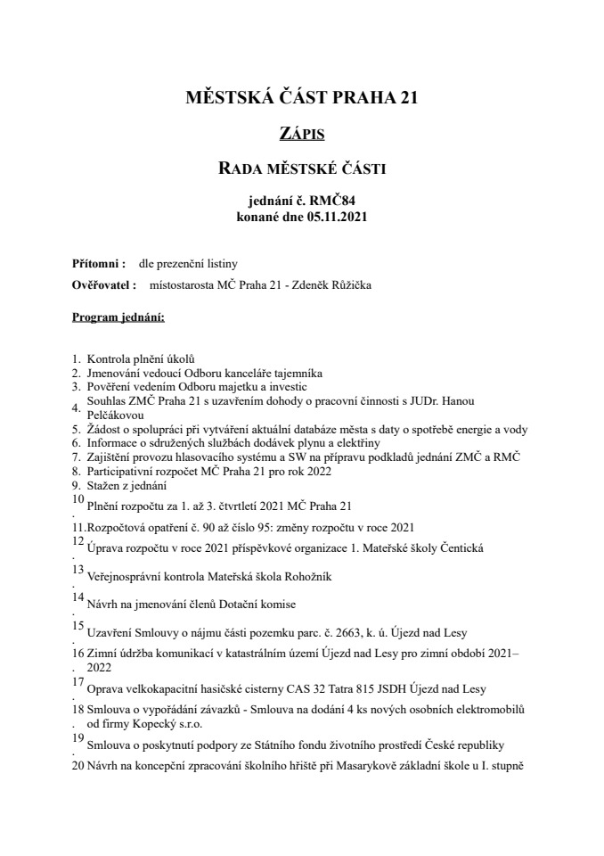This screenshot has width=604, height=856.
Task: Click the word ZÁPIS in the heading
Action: (301, 134)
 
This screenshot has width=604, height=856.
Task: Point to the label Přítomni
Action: (96, 264)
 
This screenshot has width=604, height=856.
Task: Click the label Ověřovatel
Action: (102, 285)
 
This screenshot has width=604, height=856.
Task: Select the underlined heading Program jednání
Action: (118, 317)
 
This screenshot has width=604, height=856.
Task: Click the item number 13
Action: (78, 568)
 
